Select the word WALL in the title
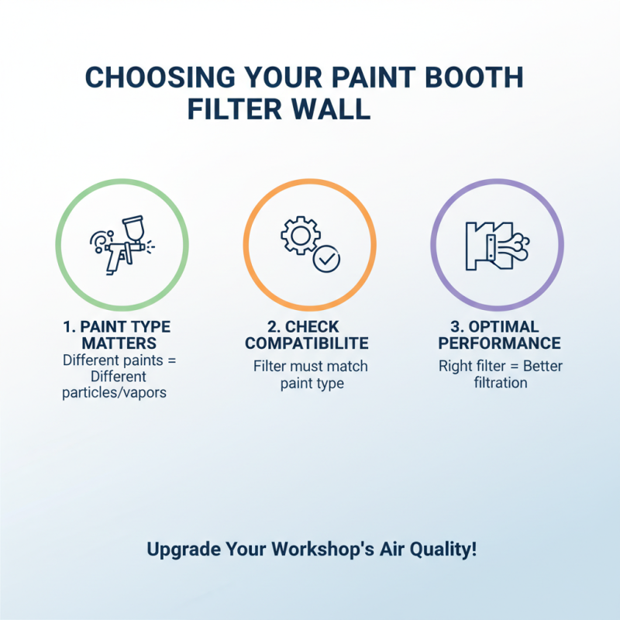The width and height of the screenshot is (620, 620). tap(332, 108)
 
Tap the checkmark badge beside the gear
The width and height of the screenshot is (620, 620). tap(326, 260)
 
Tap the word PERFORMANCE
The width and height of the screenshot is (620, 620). tap(499, 343)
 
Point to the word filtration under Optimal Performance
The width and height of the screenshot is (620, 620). tap(500, 383)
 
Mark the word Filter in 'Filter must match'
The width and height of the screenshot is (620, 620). tap(270, 366)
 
